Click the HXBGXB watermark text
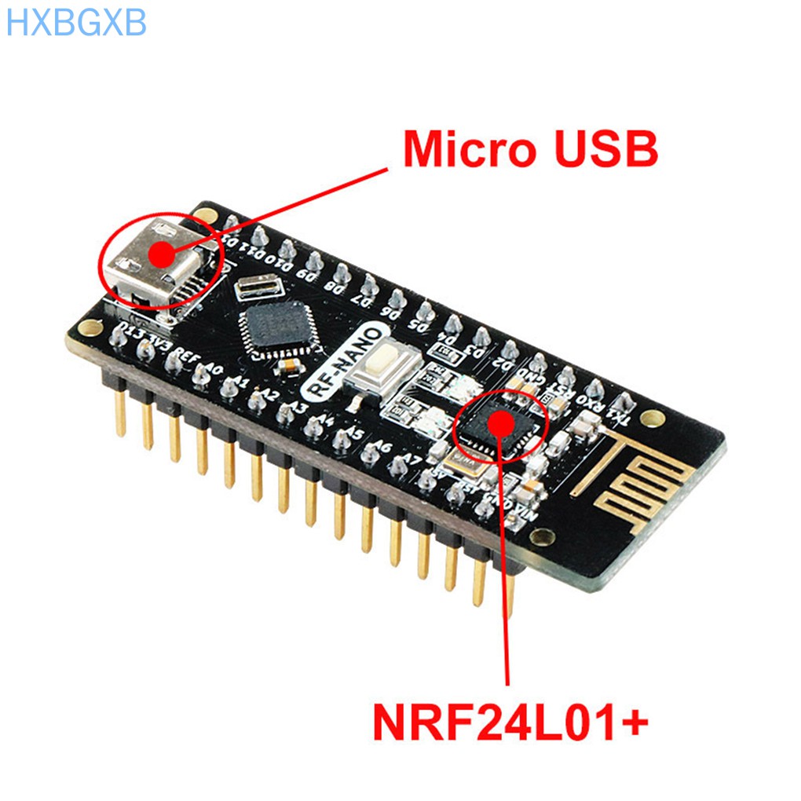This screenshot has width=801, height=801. point(76,24)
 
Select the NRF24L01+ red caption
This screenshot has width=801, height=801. point(510,722)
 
